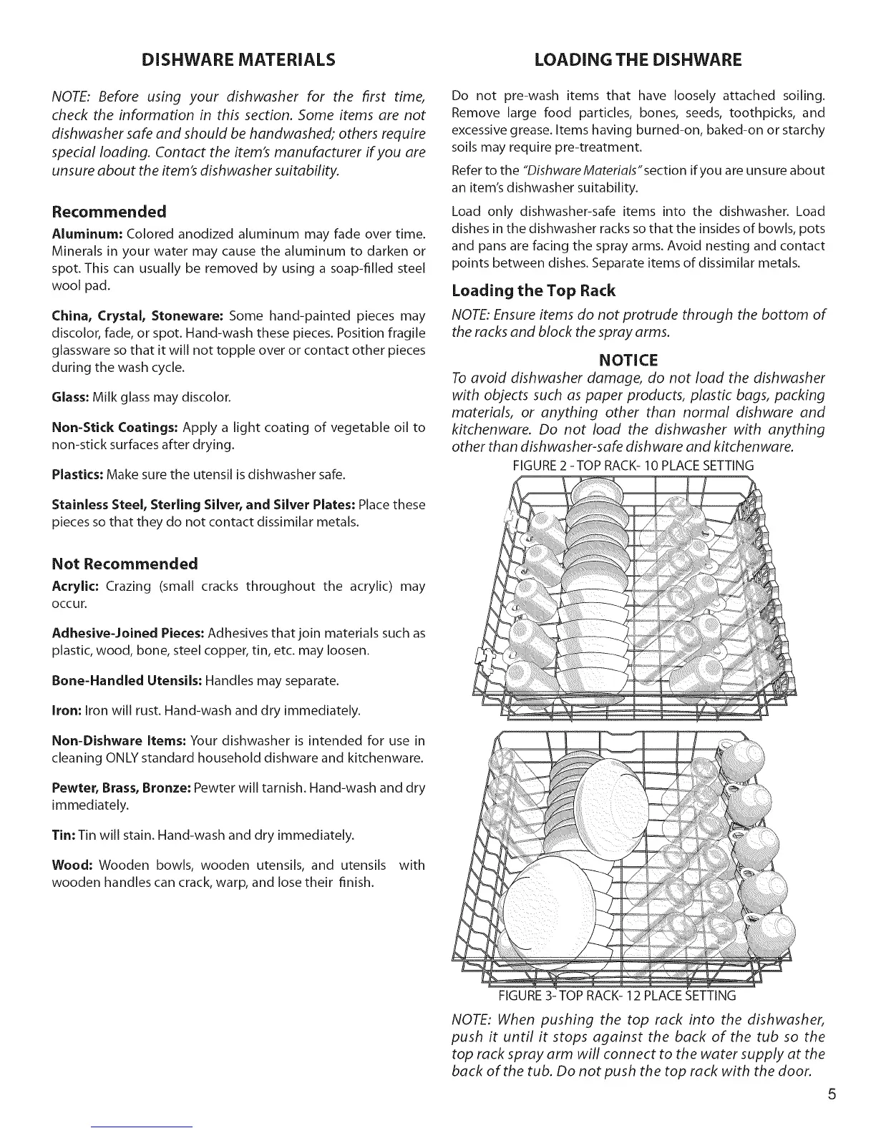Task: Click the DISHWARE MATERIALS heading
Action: [x=238, y=59]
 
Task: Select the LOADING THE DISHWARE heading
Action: [x=638, y=59]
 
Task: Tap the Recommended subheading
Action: [x=109, y=211]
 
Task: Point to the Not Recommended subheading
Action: [x=125, y=563]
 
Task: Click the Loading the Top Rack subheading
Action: [x=533, y=290]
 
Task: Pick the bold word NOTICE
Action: [x=638, y=359]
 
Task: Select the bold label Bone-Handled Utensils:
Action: [x=127, y=680]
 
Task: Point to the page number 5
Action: [x=830, y=1095]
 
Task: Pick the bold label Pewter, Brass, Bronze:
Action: [x=121, y=788]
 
